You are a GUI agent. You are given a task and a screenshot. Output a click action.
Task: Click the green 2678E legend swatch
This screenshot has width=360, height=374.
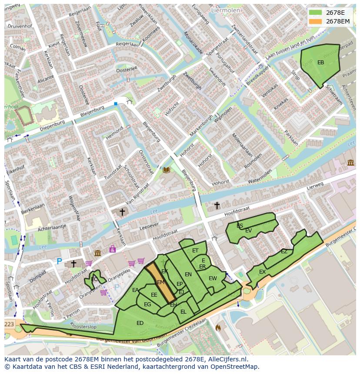[x=315, y=13]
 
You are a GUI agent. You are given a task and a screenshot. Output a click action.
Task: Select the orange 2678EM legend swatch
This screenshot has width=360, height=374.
[x=315, y=21]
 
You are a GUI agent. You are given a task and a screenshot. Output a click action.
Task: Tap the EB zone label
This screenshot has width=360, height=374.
[x=320, y=63]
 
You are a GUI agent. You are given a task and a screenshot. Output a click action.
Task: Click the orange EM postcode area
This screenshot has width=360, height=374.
[x=160, y=283]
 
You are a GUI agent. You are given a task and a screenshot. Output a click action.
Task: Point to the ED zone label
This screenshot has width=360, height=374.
[x=140, y=323]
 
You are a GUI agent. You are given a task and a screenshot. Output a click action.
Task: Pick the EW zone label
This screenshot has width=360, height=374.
[x=213, y=278]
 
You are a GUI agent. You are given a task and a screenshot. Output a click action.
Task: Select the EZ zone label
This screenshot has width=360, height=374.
[x=284, y=252]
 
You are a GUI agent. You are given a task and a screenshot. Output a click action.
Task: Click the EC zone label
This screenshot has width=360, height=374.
[x=94, y=279]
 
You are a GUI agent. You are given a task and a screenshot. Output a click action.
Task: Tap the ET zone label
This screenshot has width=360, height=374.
[x=195, y=251]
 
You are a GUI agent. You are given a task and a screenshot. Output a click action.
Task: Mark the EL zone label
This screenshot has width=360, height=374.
[x=183, y=311]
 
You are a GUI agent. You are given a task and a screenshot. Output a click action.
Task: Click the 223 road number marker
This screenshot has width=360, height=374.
[x=9, y=324]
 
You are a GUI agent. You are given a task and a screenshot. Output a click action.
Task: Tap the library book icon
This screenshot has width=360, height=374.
[x=166, y=170]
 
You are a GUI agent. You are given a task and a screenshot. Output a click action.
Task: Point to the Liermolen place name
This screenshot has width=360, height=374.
[x=226, y=9]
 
